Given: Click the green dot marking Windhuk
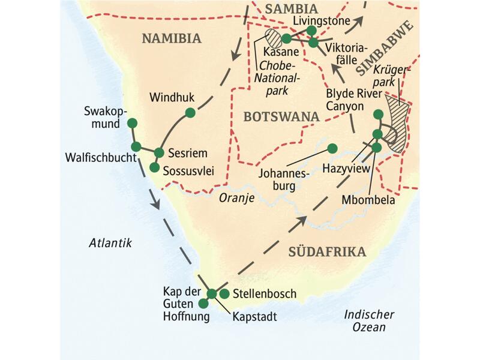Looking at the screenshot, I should point(190,112).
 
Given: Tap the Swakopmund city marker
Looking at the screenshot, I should point(132,123).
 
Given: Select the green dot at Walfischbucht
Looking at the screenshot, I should point(136,146).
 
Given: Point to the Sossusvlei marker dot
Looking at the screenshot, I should point(154,167).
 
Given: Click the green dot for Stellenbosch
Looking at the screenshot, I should point(224,293).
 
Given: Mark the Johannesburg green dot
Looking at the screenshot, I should point(332,148).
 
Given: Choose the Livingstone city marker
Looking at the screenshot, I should point(311,30).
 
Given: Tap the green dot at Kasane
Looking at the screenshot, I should point(286,38).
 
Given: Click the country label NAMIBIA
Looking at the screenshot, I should point(170,39).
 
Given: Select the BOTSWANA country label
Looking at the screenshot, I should point(281,116).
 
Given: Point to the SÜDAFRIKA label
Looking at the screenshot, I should point(327,251).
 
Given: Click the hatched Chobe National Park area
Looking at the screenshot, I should point(275,39).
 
